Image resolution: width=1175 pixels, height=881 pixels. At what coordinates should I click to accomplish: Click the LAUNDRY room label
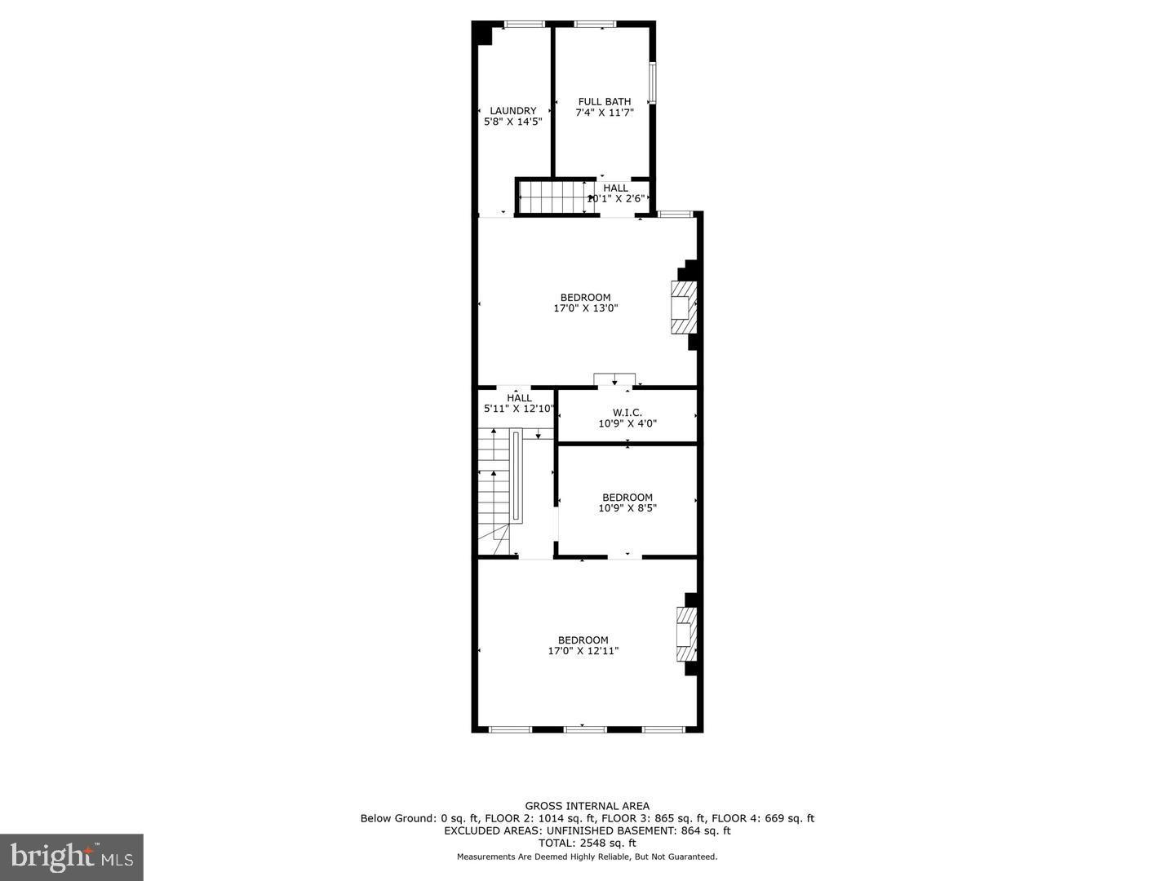click(512, 111)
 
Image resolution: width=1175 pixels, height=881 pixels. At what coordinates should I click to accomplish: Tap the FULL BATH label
click(605, 102)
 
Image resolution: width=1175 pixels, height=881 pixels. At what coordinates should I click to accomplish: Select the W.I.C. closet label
click(627, 413)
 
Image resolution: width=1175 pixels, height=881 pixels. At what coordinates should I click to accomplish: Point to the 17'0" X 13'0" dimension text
click(585, 309)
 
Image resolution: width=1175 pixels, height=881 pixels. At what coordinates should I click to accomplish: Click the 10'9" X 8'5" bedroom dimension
click(627, 508)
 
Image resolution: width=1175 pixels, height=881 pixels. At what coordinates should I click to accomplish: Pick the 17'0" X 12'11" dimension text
click(583, 652)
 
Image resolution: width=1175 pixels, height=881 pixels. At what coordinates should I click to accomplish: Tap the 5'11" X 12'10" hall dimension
click(519, 409)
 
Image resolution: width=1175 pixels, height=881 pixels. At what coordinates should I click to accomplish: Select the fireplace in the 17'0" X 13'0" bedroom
click(683, 307)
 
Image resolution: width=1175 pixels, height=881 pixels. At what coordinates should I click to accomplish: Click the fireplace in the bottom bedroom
click(685, 634)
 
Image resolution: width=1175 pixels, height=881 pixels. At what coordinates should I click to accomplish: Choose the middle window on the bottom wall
click(585, 729)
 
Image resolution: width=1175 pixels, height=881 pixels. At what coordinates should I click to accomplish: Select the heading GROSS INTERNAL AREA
click(587, 806)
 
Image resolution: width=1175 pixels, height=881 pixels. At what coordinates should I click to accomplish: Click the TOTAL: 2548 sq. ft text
click(587, 843)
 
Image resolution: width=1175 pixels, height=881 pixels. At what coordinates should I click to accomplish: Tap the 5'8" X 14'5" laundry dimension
click(512, 122)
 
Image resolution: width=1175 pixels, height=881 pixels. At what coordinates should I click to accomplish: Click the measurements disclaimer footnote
click(587, 857)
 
